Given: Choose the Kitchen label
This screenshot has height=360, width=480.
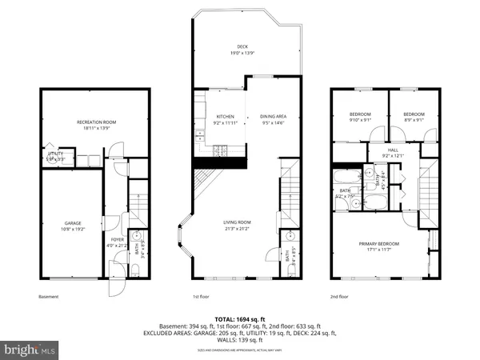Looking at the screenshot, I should click(x=225, y=120).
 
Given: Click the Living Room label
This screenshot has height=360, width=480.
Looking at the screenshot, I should click(x=237, y=225).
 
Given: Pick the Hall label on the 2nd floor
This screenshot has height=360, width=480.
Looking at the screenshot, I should click(x=393, y=152).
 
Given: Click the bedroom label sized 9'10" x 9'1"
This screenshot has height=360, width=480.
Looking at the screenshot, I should click(x=359, y=118).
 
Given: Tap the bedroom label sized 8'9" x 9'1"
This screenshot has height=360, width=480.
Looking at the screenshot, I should click(x=413, y=118).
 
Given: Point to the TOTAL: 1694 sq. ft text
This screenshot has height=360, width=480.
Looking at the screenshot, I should click(x=240, y=319).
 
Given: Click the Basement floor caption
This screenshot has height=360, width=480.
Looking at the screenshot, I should click(x=48, y=296).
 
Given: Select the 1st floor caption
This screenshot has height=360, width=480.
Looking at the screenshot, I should click(x=202, y=296).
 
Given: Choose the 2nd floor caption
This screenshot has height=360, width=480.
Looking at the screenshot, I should click(x=339, y=296).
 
